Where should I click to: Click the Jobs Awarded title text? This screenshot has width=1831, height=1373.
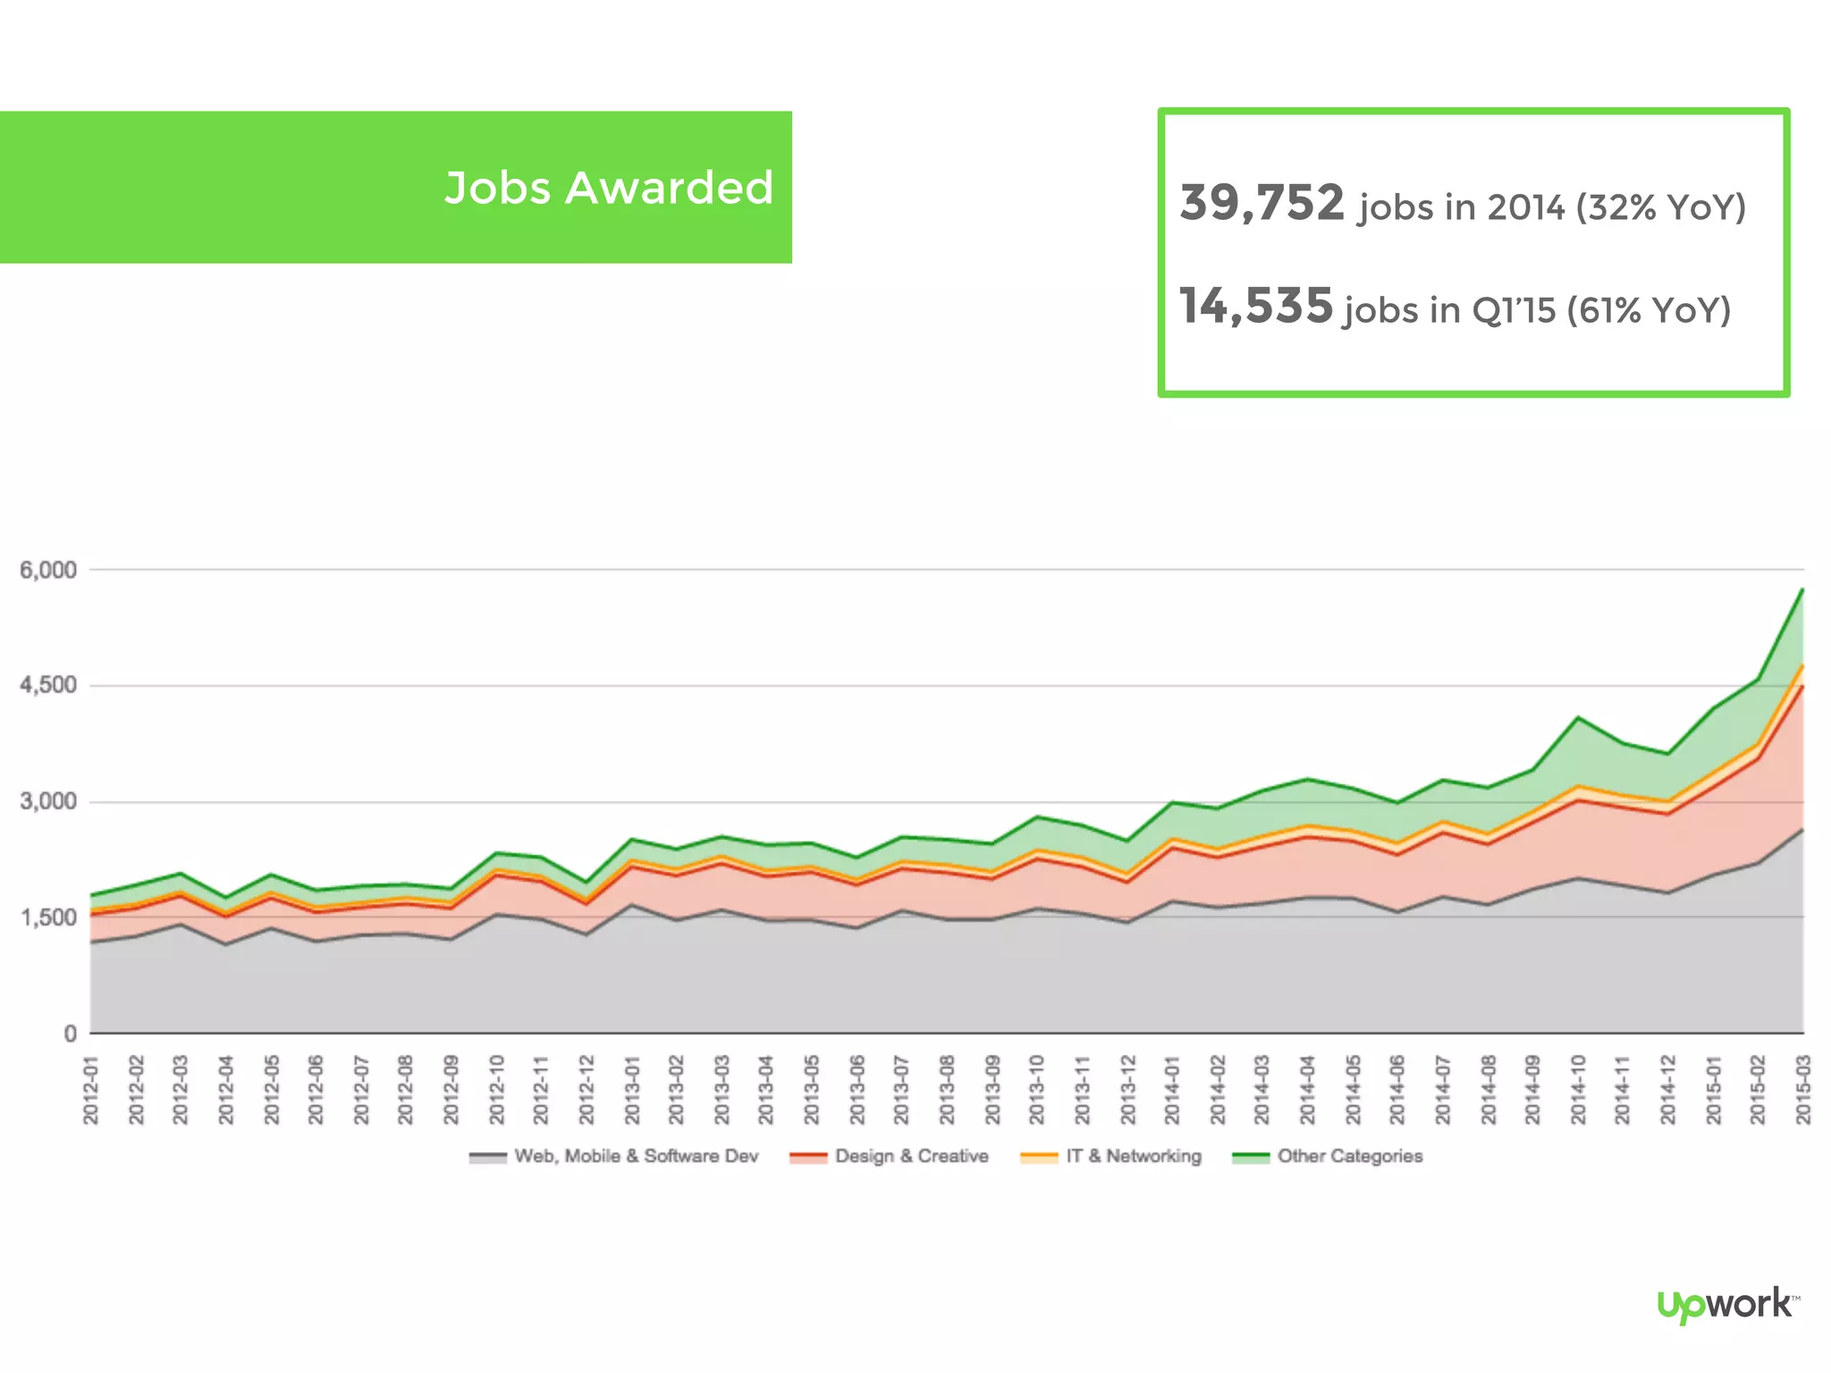coord(608,188)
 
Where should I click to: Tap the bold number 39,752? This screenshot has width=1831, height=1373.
coord(1261,203)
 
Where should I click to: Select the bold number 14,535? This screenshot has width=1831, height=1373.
coord(1256,306)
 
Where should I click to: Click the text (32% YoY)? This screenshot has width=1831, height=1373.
coord(1660,207)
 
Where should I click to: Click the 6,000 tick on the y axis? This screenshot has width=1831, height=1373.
coord(48,570)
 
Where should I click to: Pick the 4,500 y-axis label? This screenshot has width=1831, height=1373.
coord(48,686)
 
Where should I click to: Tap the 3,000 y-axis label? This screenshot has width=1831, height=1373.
coord(48,802)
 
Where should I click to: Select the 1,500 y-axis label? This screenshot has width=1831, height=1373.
coord(48,918)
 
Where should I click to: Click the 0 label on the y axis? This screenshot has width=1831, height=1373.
coord(71,1034)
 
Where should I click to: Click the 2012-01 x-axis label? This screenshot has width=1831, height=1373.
coord(90,1090)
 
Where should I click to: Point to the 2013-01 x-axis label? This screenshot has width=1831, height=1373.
coord(632,1090)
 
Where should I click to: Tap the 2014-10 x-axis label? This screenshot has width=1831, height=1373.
coord(1578,1090)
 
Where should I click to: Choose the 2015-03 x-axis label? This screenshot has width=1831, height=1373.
coord(1803,1090)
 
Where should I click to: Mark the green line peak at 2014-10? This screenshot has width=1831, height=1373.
coord(1579,717)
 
